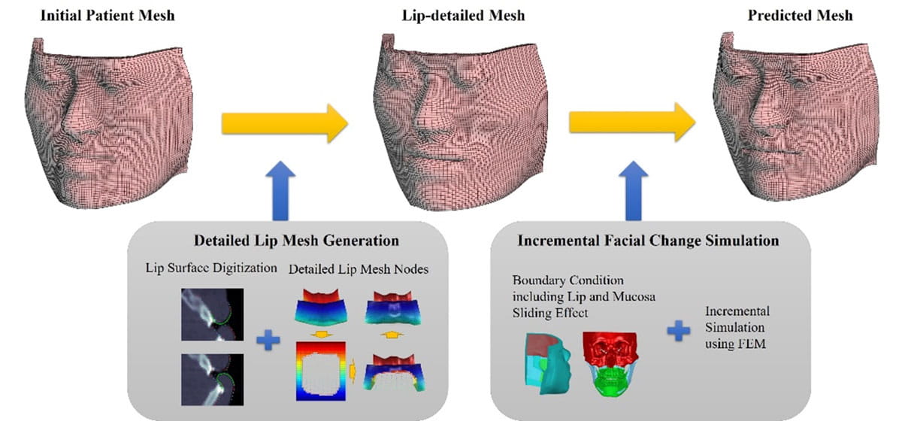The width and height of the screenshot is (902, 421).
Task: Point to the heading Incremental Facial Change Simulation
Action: (648, 242)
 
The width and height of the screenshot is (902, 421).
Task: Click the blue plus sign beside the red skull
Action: (680, 332)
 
